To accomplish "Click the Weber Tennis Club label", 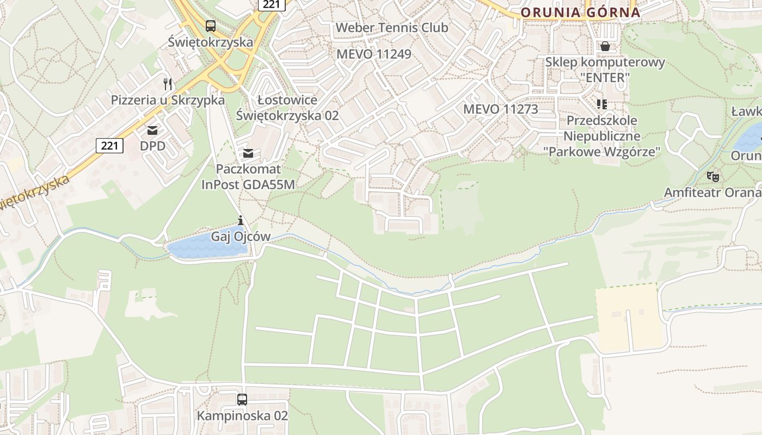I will click(392, 27).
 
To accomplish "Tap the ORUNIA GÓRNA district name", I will click(580, 12).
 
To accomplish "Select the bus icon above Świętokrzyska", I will click(210, 26).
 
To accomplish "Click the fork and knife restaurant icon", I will click(168, 84).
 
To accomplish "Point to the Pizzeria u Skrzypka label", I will click(168, 100).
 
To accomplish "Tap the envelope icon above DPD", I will click(152, 130).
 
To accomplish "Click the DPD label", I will click(152, 146).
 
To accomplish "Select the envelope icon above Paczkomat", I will click(248, 153).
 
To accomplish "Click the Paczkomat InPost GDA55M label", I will click(248, 177).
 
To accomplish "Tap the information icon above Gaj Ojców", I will click(241, 220).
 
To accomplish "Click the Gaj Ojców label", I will click(241, 237).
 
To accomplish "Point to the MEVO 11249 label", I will click(373, 54).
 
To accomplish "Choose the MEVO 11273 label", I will click(500, 109).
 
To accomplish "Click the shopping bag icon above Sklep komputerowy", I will click(605, 46).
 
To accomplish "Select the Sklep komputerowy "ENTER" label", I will click(605, 70).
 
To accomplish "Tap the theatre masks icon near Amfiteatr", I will click(712, 176).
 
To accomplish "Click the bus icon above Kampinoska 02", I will click(242, 400).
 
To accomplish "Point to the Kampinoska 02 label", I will click(242, 416).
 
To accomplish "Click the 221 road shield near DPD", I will click(109, 145).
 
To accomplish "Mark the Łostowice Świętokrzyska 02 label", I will click(287, 108).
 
